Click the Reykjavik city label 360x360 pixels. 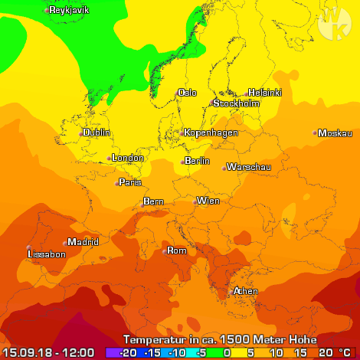(x=69, y=11)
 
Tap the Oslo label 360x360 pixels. (x=187, y=93)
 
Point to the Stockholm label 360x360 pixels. (x=237, y=103)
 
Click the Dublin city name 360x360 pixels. (x=97, y=133)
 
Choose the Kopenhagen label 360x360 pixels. (x=211, y=133)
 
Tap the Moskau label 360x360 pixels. (x=334, y=133)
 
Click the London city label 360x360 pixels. (x=127, y=159)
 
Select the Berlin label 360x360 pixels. (x=197, y=161)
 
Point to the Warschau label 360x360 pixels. (x=250, y=167)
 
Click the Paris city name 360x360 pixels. (x=130, y=182)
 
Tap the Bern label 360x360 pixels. (x=154, y=202)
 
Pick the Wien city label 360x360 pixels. (x=208, y=201)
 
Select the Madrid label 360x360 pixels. (x=83, y=242)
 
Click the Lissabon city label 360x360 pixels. (x=46, y=254)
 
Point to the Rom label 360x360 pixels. (x=177, y=250)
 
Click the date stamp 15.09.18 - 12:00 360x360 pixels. (x=47, y=352)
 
